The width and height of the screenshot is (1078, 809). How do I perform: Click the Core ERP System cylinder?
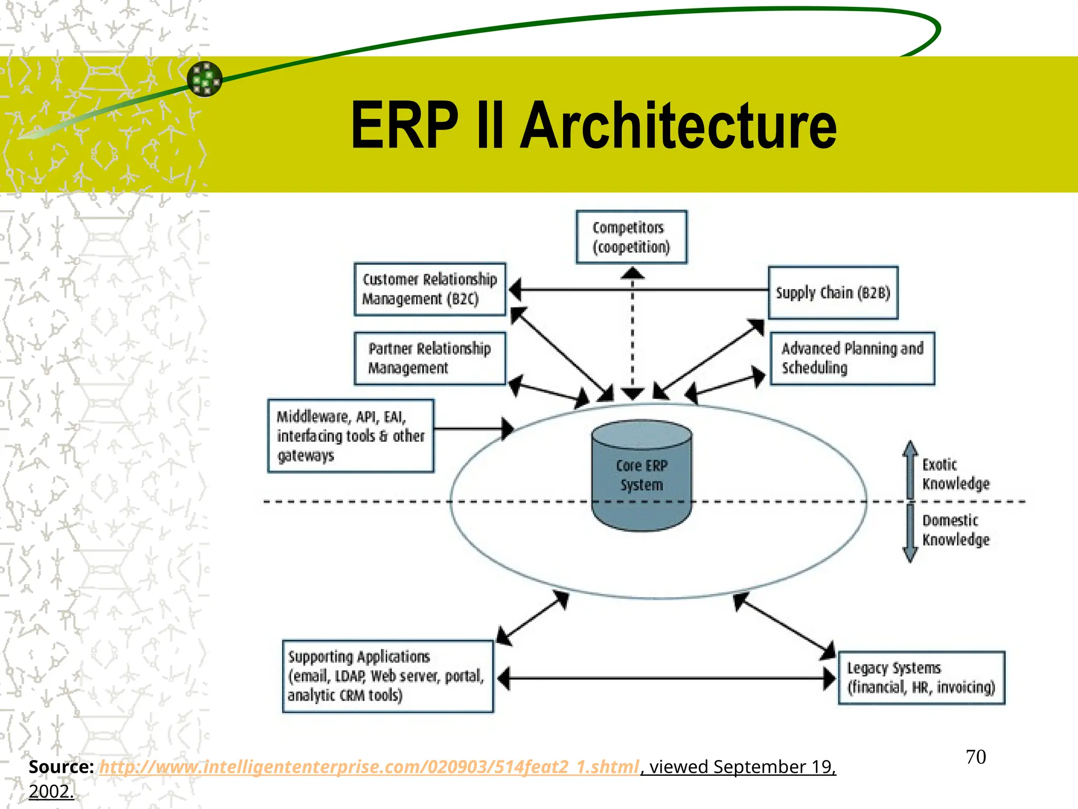(x=641, y=475)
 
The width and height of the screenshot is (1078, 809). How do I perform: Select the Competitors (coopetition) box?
(x=631, y=237)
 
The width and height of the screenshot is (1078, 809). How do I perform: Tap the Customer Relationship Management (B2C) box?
(x=430, y=289)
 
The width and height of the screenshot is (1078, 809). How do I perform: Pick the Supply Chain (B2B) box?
(x=833, y=293)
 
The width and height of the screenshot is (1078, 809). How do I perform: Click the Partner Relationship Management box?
(x=430, y=358)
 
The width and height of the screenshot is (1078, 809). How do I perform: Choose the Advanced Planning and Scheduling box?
(x=852, y=358)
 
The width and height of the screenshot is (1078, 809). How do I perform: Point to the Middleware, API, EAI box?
(x=351, y=436)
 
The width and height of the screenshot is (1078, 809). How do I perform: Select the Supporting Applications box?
(x=387, y=676)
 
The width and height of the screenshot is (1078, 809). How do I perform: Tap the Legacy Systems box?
(x=921, y=678)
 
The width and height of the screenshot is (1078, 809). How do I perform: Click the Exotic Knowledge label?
(x=955, y=474)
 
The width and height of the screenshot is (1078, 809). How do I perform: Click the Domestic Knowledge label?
(x=955, y=530)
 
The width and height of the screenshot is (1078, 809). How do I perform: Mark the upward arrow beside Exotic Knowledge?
(x=910, y=469)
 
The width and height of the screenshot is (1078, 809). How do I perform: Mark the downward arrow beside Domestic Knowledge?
(x=910, y=533)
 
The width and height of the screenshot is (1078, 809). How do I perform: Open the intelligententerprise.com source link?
(x=368, y=767)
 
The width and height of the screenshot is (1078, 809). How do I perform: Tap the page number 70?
(x=975, y=757)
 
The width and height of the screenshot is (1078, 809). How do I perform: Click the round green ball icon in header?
(x=205, y=79)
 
